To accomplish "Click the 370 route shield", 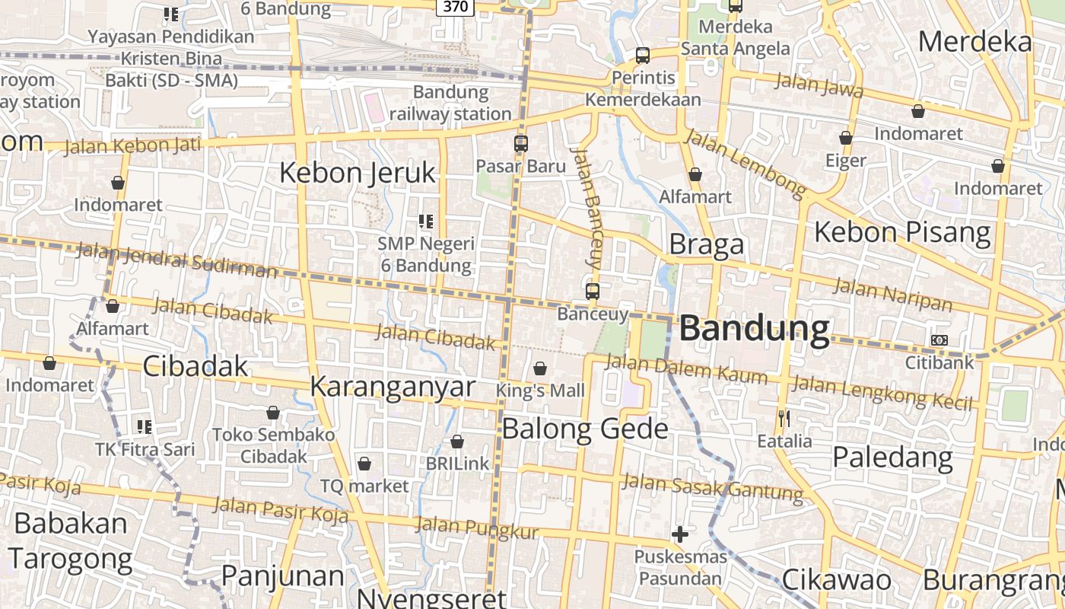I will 456,7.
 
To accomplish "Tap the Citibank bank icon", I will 939,340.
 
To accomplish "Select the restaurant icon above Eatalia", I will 784,418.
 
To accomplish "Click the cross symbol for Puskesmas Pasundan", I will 680,534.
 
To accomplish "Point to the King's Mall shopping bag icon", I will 540,369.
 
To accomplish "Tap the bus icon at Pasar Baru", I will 521,143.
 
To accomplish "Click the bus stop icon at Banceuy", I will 593,291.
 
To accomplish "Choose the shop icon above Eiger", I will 845,139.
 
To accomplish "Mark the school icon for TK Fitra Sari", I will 145,426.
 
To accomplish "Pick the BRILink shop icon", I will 457,442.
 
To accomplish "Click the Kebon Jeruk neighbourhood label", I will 358,173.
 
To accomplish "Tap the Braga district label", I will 706,244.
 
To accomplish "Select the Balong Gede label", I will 585,429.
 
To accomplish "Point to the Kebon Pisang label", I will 902,232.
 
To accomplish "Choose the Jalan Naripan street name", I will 892,295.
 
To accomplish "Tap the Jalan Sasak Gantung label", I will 712,487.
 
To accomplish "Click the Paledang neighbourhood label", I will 892,458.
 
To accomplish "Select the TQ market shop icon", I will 364,464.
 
